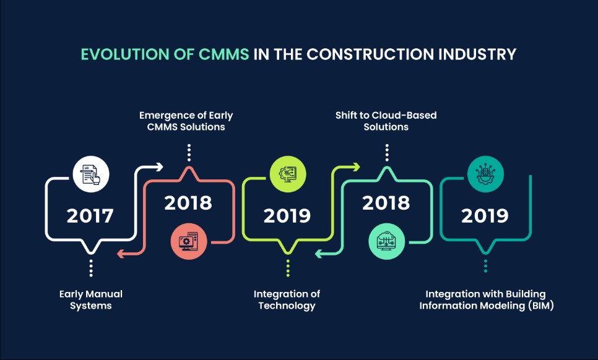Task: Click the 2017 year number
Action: [90, 216]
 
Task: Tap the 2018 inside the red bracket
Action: [188, 202]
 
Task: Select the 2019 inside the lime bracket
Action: [287, 216]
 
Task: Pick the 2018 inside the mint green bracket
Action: [386, 202]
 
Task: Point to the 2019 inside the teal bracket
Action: [485, 216]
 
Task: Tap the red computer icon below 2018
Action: [189, 241]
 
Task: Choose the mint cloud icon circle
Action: [386, 241]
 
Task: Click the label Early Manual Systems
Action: [91, 299]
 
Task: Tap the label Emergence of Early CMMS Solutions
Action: [186, 121]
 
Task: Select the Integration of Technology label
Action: [287, 299]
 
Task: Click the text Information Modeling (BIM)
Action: [485, 306]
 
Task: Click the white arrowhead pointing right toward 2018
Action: [158, 166]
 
